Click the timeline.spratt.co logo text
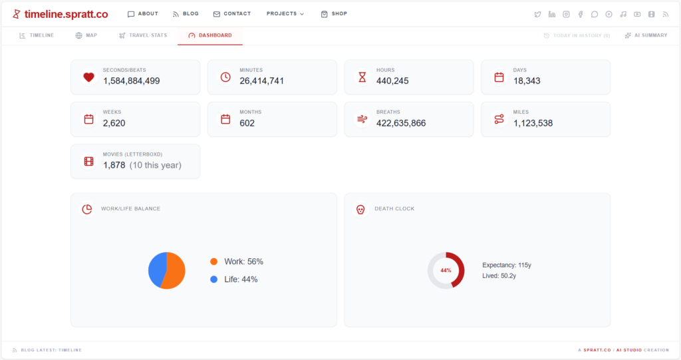click(66, 14)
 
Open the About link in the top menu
click(143, 14)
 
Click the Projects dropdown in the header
click(285, 14)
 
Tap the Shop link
click(334, 14)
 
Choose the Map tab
click(86, 35)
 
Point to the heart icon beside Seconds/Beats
click(88, 77)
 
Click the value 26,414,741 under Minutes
click(262, 81)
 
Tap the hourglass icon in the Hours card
click(362, 77)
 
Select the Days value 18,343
click(527, 81)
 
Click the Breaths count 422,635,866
click(401, 123)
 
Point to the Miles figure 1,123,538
click(533, 123)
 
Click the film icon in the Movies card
click(88, 161)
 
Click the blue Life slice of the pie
click(156, 268)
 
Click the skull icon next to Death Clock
click(360, 209)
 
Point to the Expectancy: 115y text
click(507, 265)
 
